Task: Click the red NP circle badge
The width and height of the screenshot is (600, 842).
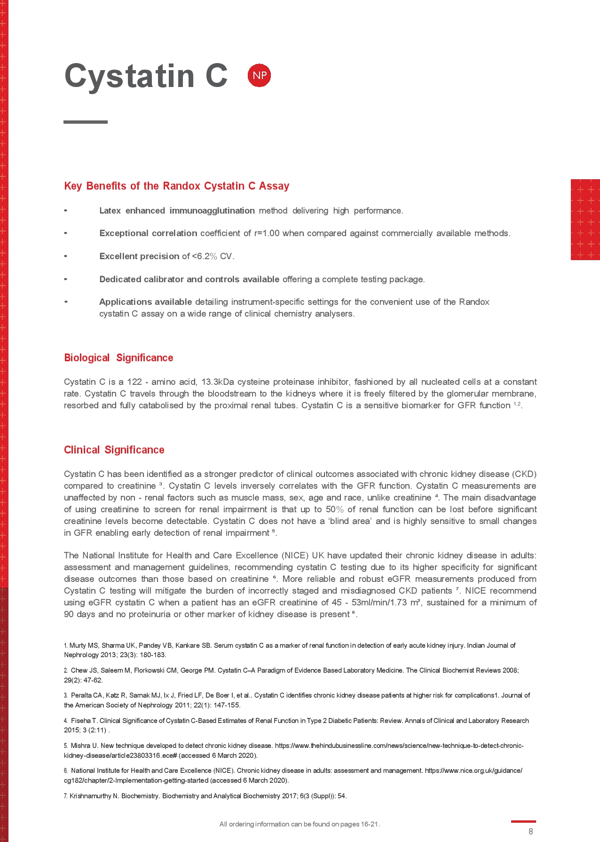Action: coord(259,75)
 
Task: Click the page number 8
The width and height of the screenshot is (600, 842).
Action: coord(530,831)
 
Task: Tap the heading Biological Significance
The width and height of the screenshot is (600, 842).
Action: coord(118,358)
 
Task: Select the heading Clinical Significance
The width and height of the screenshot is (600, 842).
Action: coord(114,450)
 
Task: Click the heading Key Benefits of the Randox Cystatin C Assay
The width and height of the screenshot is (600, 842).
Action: coord(176,186)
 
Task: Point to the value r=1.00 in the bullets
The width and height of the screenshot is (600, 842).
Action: coord(267,233)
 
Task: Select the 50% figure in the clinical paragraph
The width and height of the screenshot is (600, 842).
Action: coord(335,509)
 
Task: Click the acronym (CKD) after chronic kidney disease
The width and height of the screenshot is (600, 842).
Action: coord(524,474)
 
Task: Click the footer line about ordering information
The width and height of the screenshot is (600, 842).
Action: coord(300,824)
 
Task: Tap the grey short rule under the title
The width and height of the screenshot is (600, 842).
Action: coord(86,122)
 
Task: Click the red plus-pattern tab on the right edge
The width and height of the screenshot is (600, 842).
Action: coord(585,220)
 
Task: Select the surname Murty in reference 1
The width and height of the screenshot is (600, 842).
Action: coord(78,646)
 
